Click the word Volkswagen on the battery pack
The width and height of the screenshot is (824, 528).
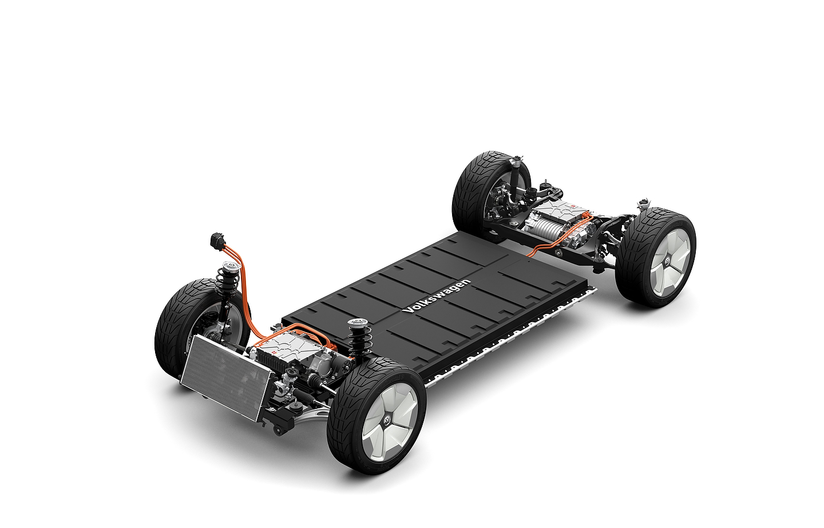[x=436, y=297]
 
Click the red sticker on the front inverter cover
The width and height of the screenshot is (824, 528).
[x=276, y=354]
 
